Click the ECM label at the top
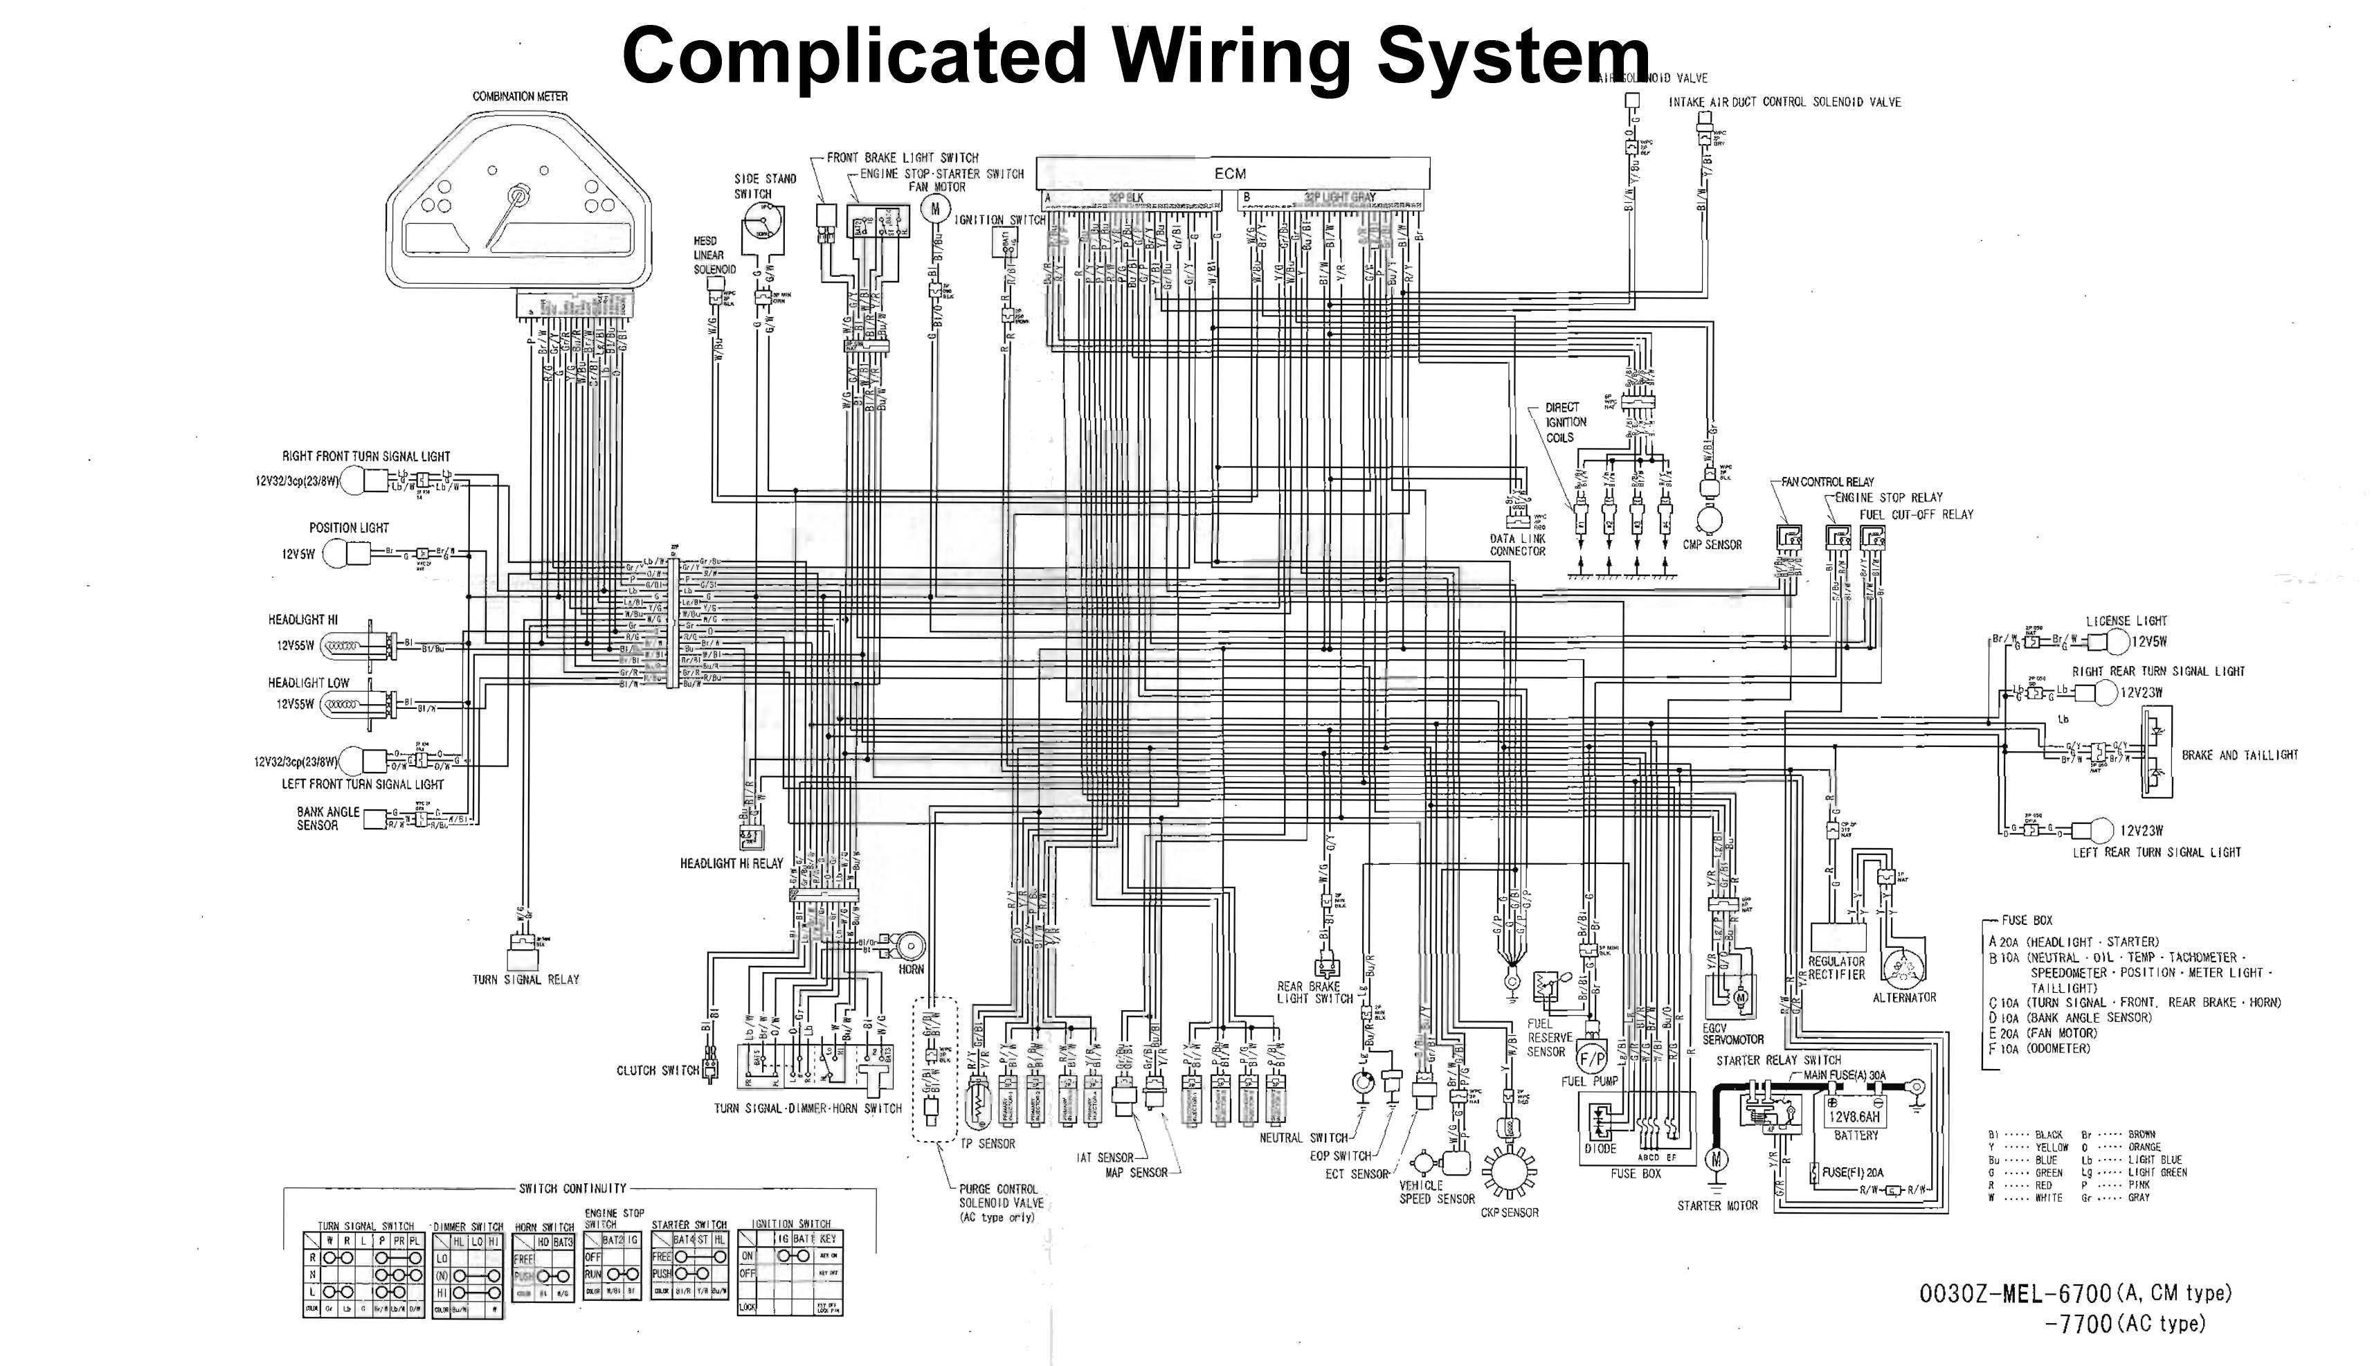click(1231, 174)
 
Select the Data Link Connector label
click(1517, 545)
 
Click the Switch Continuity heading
click(572, 1189)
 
